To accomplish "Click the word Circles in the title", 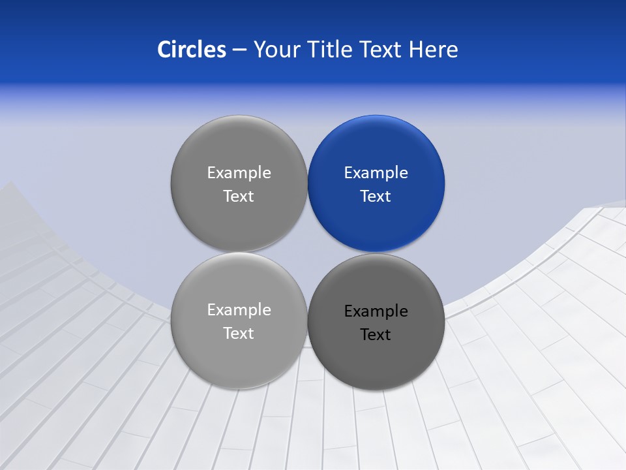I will click(x=191, y=49).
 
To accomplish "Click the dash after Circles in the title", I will click(x=239, y=50).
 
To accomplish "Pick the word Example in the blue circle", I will click(x=376, y=173).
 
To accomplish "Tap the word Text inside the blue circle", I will click(x=376, y=196).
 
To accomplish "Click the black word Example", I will click(x=376, y=311).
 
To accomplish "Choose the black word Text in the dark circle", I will click(x=376, y=335).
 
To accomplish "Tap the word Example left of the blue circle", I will click(x=239, y=173).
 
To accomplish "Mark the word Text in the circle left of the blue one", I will click(x=239, y=196).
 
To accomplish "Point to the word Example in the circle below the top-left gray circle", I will click(x=239, y=310).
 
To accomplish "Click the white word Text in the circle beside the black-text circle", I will click(x=239, y=334).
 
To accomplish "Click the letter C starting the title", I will click(x=164, y=49).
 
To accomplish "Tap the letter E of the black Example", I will click(x=349, y=311).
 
